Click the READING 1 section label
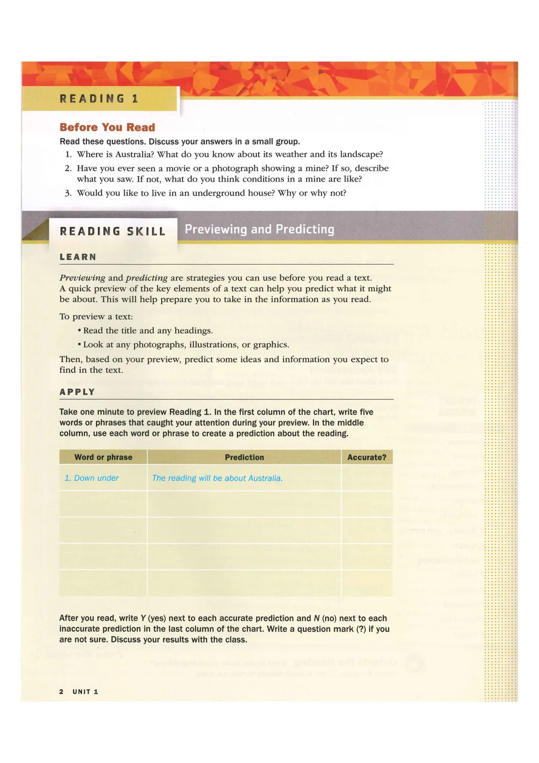pyautogui.click(x=99, y=99)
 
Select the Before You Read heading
pyautogui.click(x=107, y=127)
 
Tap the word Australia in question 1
pyautogui.click(x=132, y=155)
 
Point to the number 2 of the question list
pyautogui.click(x=68, y=169)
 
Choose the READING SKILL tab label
pyautogui.click(x=112, y=232)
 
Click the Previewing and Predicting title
pyautogui.click(x=260, y=229)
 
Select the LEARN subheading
pyautogui.click(x=78, y=257)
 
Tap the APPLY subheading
pyautogui.click(x=77, y=392)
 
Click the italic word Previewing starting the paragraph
pyautogui.click(x=82, y=278)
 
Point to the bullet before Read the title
pyautogui.click(x=79, y=331)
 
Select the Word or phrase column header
pyautogui.click(x=103, y=457)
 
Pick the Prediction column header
pyautogui.click(x=244, y=457)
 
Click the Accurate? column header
pyautogui.click(x=367, y=457)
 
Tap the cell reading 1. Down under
pyautogui.click(x=91, y=478)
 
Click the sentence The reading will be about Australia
pyautogui.click(x=217, y=478)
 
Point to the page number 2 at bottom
pyautogui.click(x=61, y=691)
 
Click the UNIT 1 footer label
pyautogui.click(x=85, y=691)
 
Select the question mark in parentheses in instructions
pyautogui.click(x=361, y=629)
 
